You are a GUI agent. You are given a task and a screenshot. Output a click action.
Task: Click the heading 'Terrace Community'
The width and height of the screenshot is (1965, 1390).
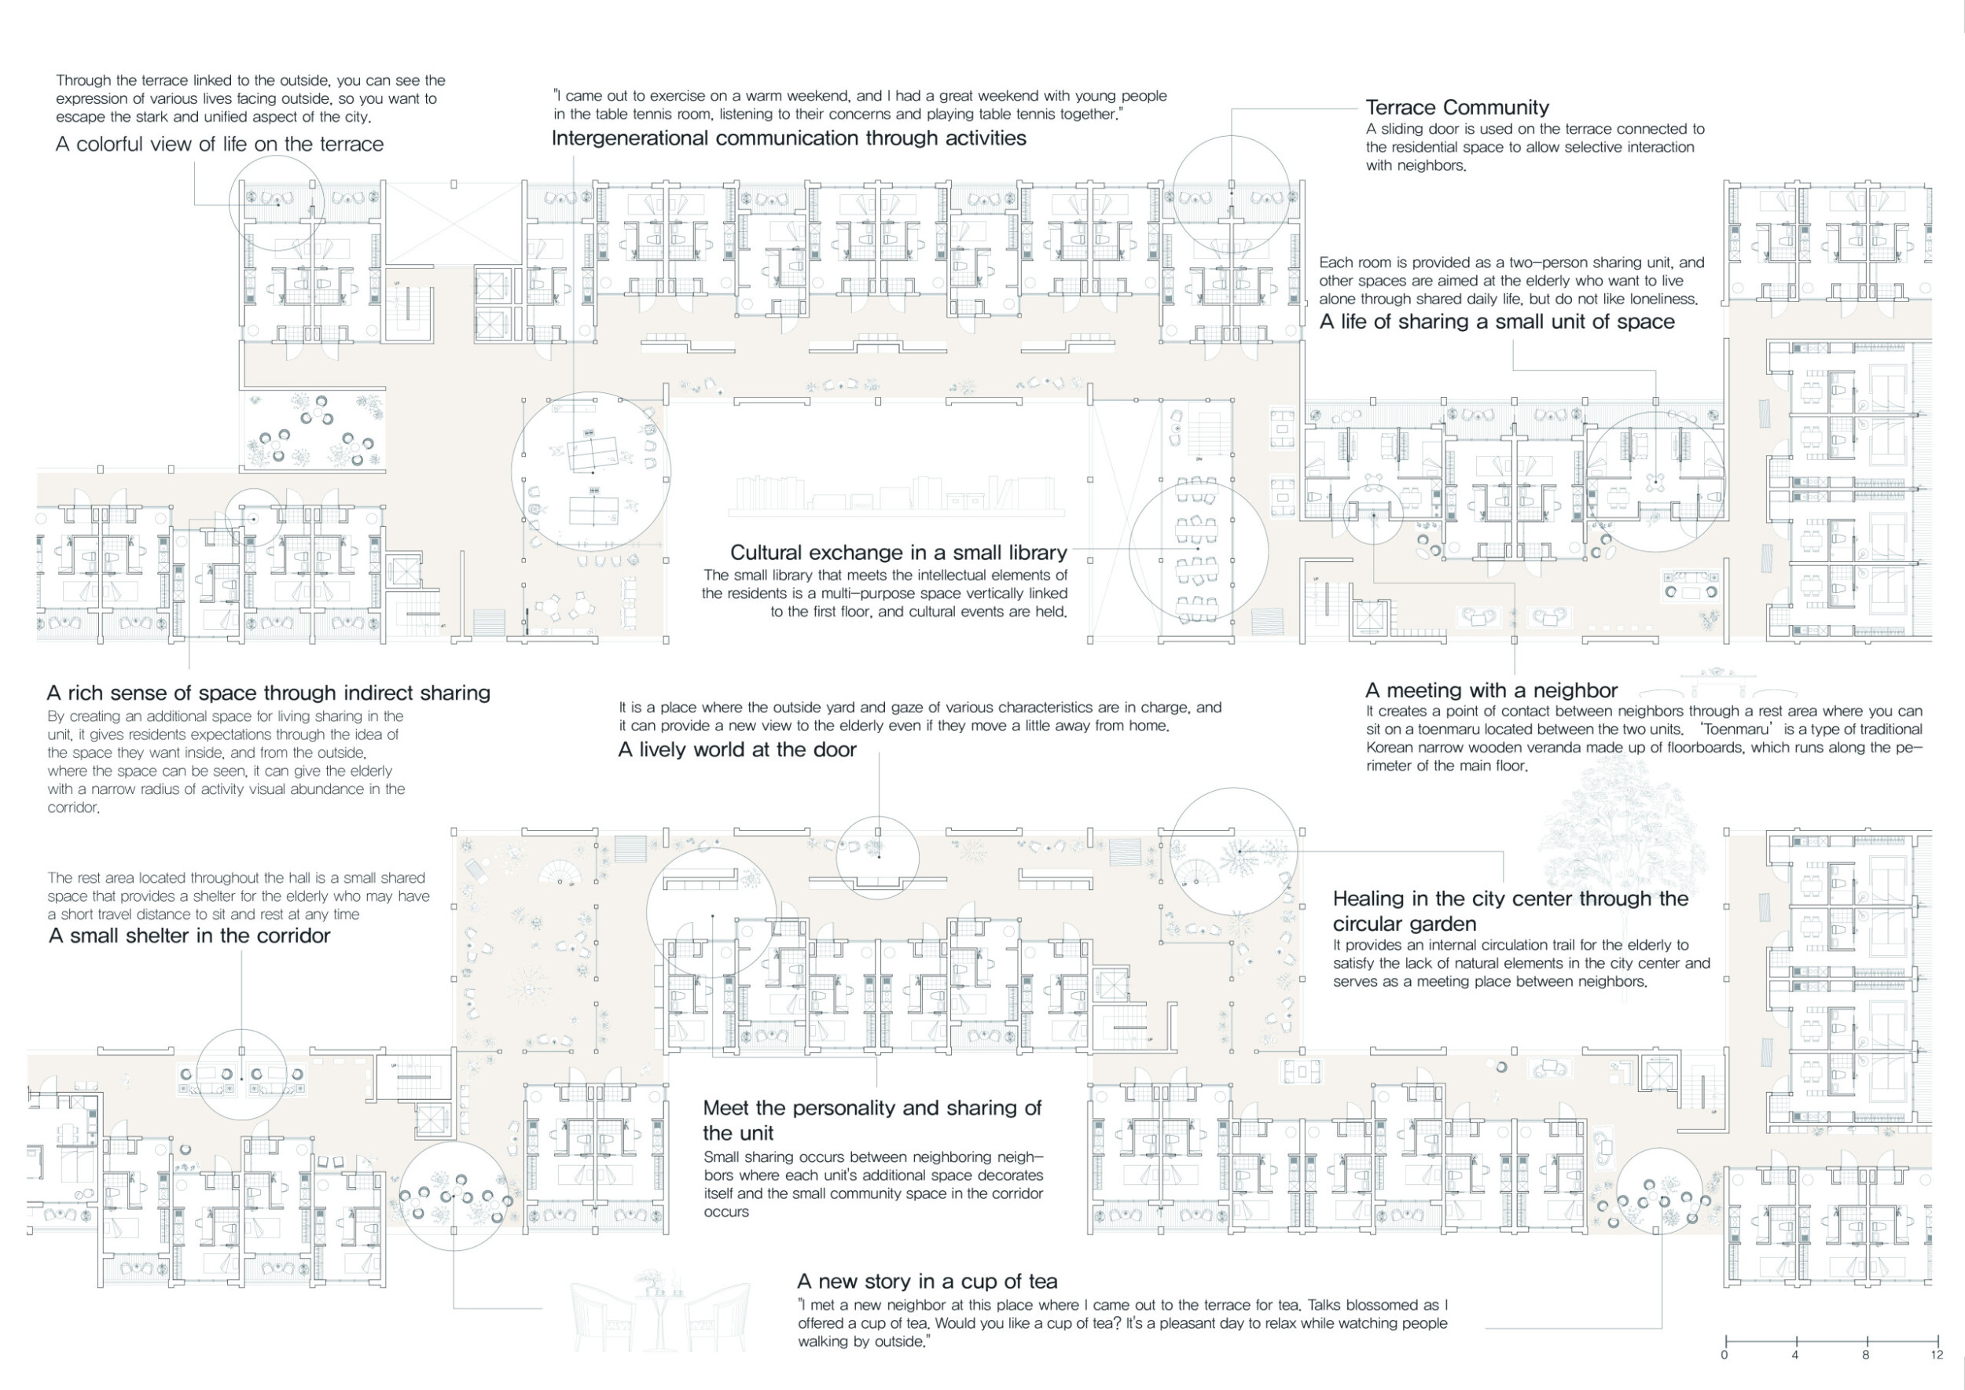coord(1456,108)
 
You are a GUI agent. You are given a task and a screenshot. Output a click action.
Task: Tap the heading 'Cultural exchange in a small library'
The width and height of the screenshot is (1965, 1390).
coord(898,553)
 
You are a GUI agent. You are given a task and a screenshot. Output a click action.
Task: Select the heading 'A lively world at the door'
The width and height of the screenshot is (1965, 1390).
coord(737,750)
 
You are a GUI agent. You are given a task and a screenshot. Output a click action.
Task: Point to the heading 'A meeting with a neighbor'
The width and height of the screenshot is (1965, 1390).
coord(1491,691)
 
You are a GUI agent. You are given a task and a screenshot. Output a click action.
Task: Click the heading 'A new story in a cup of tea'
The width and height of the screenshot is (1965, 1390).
coord(927,1282)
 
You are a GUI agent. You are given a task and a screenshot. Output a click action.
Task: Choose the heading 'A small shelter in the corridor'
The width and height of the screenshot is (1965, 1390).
coord(189,936)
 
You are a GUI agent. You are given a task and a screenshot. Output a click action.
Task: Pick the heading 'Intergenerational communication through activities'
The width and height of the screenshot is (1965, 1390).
coord(788,138)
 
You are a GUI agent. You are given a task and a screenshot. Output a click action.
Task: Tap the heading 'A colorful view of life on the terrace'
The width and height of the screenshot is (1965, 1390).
coord(219,145)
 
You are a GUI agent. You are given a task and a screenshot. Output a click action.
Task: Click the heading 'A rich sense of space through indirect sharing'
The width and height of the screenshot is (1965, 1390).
coord(269,693)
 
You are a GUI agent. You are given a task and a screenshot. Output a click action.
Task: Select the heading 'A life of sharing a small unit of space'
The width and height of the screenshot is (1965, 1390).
coord(1497,322)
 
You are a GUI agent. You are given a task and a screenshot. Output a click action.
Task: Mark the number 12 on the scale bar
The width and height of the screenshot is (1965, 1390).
coord(1937,1355)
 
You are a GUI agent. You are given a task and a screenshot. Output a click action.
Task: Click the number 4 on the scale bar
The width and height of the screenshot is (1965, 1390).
coord(1794,1355)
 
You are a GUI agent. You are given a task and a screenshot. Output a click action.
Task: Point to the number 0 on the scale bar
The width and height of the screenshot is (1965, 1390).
coord(1724,1355)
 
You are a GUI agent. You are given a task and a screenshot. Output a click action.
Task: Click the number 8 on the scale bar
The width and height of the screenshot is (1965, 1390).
coord(1866,1355)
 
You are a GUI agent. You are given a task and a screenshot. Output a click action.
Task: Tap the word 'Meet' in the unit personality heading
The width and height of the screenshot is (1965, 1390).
coord(725,1109)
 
